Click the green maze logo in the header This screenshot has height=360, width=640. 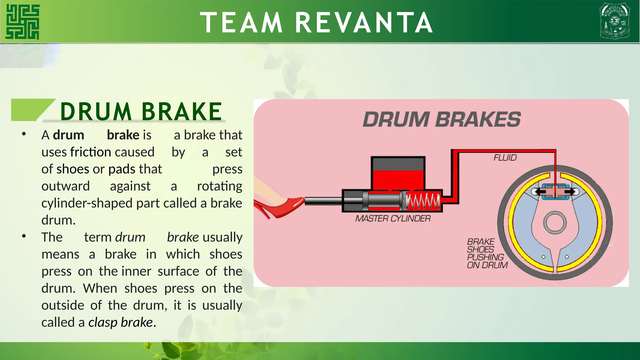click(x=23, y=22)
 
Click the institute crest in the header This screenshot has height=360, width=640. click(x=614, y=21)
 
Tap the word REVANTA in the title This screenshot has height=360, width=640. click(x=364, y=22)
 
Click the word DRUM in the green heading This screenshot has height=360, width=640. click(x=96, y=112)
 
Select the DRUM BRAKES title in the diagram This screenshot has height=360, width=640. click(x=442, y=119)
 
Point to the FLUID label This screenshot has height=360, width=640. click(x=505, y=158)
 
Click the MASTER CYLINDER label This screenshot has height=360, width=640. click(x=393, y=218)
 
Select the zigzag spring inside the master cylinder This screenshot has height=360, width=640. click(x=423, y=201)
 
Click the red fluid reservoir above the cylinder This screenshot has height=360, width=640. click(x=398, y=180)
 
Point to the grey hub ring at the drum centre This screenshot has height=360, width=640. click(x=555, y=222)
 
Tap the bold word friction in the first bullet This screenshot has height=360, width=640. click(x=91, y=152)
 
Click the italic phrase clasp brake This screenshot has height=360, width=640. click(x=121, y=322)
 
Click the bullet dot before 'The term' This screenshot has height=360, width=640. click(x=24, y=236)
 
